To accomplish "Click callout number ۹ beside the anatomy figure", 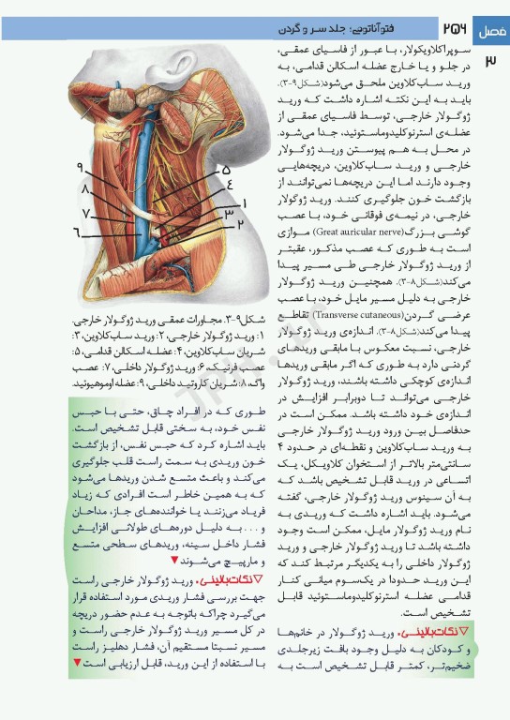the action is (82, 168).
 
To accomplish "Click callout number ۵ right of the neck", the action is (226, 170).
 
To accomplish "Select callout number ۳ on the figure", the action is (228, 215).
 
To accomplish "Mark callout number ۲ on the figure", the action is (241, 225).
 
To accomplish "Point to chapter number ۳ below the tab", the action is (492, 62).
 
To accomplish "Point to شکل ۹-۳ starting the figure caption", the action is (235, 320).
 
